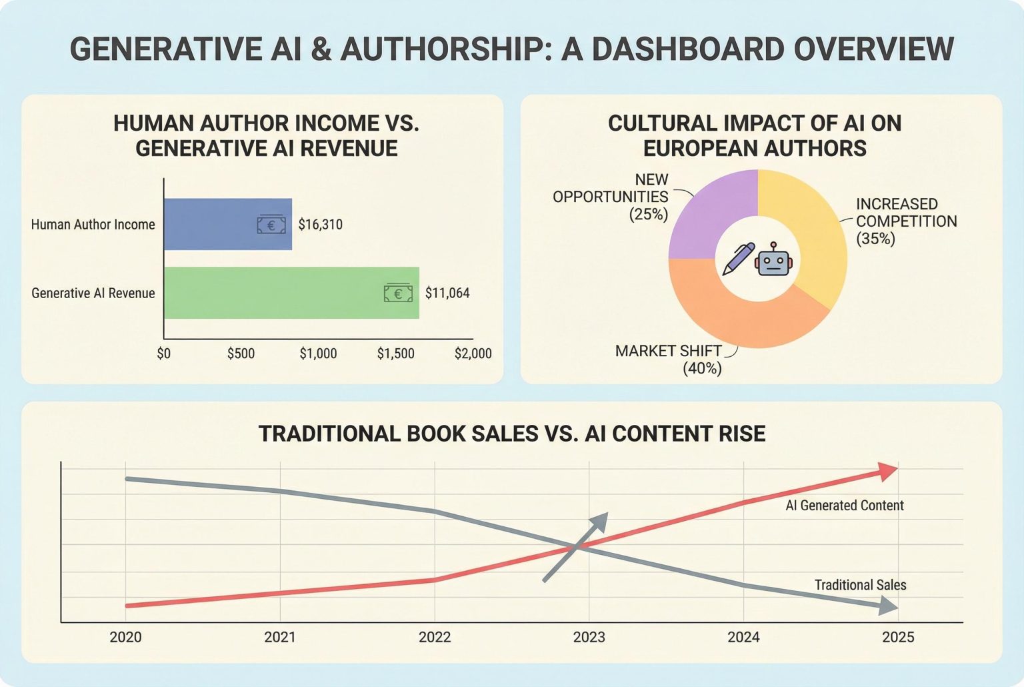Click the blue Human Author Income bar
point(213,224)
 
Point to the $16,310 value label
point(320,225)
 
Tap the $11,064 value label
point(447,293)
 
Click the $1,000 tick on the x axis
point(318,354)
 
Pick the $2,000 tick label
point(473,354)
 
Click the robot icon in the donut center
point(773,259)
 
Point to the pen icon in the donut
point(738,259)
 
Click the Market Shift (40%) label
point(669,360)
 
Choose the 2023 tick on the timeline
point(589,637)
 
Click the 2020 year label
point(125,637)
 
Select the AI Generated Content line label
point(844,506)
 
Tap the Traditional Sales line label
point(860,585)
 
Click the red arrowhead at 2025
point(888,471)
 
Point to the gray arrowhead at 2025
point(888,606)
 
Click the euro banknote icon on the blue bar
point(271,225)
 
